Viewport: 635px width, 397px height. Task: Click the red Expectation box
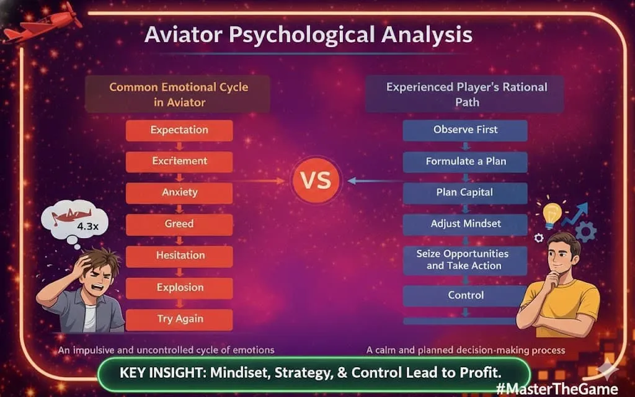point(179,130)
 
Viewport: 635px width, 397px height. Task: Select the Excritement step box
point(179,161)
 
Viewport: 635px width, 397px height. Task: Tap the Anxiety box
point(179,192)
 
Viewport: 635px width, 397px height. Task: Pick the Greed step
point(179,224)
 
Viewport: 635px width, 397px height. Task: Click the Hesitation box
point(179,256)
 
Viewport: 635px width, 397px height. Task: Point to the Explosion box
point(179,288)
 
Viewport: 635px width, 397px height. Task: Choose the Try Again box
point(179,319)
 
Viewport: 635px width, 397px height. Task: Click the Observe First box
point(465,130)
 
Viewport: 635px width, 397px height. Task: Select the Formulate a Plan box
point(465,162)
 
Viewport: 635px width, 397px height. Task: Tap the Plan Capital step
point(465,193)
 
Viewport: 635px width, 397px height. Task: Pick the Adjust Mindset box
point(465,224)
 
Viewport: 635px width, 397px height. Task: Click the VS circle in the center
point(316,181)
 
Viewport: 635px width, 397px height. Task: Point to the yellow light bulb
point(551,214)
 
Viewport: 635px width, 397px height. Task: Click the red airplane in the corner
point(42,25)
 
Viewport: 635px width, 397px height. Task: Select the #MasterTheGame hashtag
point(557,388)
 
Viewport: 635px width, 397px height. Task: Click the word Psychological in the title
point(302,35)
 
